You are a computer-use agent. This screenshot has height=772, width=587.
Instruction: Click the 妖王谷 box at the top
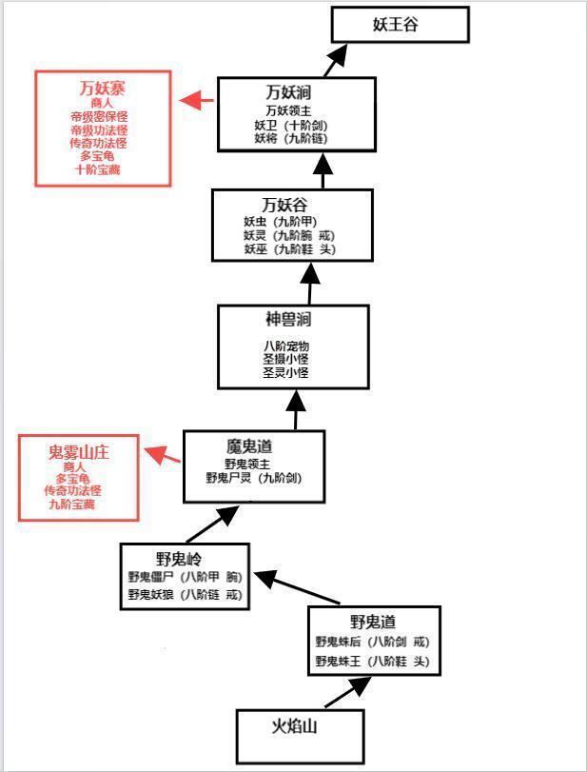click(400, 25)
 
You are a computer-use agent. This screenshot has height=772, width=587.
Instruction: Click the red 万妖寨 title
click(103, 89)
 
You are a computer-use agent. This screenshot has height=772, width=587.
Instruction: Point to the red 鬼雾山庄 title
click(79, 452)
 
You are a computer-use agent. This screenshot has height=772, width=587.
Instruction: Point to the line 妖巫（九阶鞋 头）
click(289, 249)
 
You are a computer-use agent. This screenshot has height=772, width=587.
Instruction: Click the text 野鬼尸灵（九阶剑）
click(254, 478)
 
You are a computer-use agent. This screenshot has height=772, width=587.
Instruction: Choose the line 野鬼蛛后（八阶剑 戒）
click(373, 643)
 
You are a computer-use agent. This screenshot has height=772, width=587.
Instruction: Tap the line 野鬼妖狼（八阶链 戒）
click(186, 595)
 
